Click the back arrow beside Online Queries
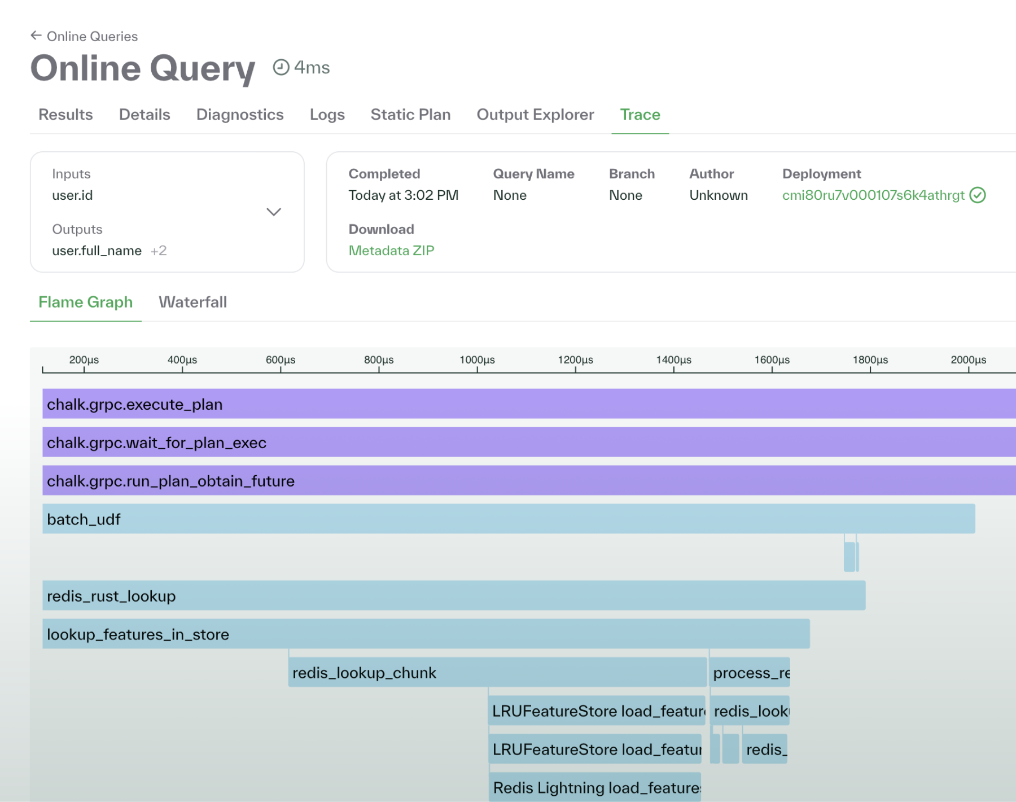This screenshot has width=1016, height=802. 36,36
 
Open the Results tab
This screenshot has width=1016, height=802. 65,115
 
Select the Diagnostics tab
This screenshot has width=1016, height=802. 240,115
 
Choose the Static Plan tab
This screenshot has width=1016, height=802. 410,115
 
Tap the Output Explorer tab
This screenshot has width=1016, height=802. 535,115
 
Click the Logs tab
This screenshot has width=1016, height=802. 327,115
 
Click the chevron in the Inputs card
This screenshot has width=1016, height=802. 274,212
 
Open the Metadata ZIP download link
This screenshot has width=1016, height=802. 391,251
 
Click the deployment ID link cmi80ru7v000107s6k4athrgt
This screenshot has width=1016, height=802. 873,195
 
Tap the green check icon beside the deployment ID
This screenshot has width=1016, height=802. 978,195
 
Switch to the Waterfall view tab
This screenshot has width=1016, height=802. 192,302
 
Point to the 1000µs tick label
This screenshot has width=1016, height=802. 477,360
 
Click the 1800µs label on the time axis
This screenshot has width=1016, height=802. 870,360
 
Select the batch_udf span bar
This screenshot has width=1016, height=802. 508,519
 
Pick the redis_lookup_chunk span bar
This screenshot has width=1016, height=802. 497,672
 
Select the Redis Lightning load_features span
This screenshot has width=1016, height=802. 595,787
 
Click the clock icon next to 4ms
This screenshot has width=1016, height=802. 281,67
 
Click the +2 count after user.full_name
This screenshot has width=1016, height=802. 159,251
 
